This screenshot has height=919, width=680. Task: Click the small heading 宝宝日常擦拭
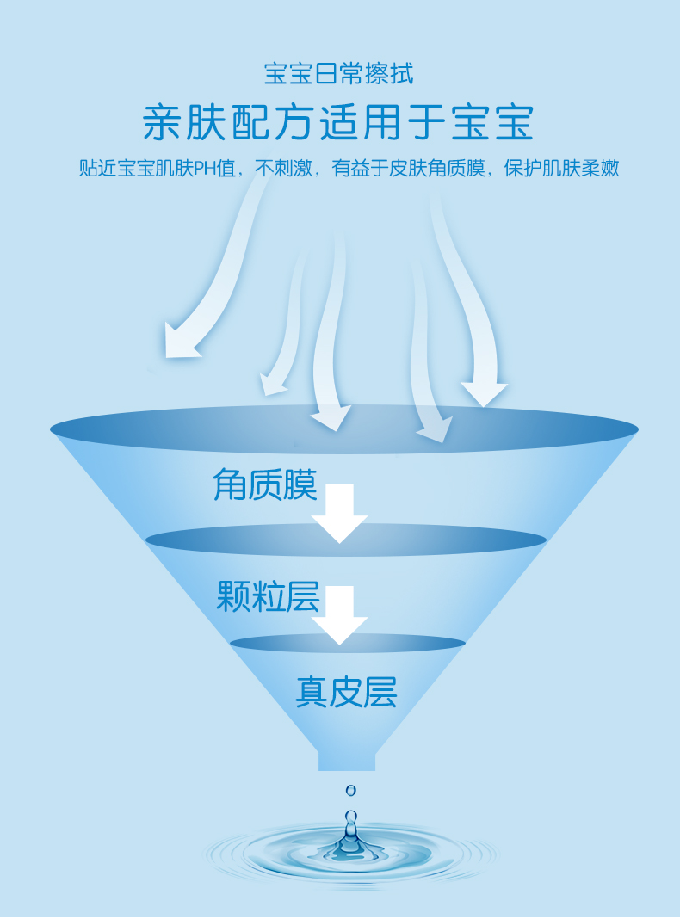coord(338,74)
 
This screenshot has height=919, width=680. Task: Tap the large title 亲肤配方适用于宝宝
coord(338,122)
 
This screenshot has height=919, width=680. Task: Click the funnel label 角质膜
coord(264,485)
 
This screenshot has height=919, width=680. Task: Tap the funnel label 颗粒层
coord(268,596)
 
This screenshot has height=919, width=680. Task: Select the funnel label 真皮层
coord(346,692)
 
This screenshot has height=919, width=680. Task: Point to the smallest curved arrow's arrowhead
coord(273,384)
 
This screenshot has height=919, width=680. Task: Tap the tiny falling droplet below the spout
coord(350,790)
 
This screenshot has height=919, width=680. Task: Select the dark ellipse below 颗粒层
coord(347,643)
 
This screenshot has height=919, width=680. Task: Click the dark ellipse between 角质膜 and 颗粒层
coord(345,540)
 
